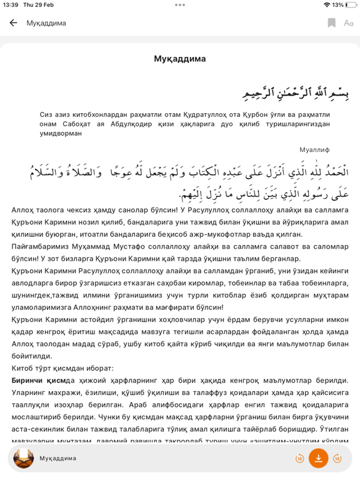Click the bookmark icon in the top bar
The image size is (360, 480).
click(331, 23)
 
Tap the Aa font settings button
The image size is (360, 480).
click(348, 23)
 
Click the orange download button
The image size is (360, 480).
click(318, 458)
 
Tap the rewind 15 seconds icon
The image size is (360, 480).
click(300, 459)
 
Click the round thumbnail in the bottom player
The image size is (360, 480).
click(24, 458)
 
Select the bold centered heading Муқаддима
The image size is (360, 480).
click(180, 59)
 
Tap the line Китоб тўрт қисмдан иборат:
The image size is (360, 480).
click(62, 368)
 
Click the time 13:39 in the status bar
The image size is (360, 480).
click(10, 5)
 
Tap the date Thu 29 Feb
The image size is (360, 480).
click(38, 5)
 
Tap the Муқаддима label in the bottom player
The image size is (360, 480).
click(58, 459)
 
